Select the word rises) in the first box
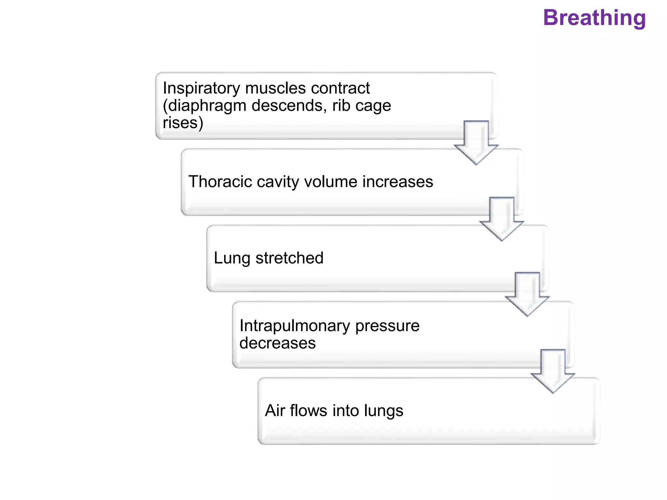pyautogui.click(x=183, y=123)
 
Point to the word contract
pyautogui.click(x=340, y=88)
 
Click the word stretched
pyautogui.click(x=289, y=258)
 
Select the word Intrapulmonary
pyautogui.click(x=295, y=326)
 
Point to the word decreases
pyautogui.click(x=277, y=343)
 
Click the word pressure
pyautogui.click(x=387, y=326)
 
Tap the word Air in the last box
pyautogui.click(x=275, y=410)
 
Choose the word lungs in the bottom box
pyautogui.click(x=383, y=410)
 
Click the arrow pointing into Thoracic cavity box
pyautogui.click(x=476, y=143)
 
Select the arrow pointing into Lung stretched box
pyautogui.click(x=502, y=220)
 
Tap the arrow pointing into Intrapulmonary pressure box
pyautogui.click(x=527, y=295)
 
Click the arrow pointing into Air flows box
pyautogui.click(x=553, y=372)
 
